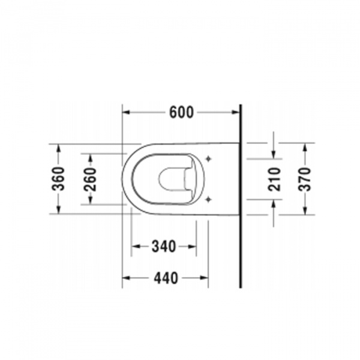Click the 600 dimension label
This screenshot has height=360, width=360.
point(181,113)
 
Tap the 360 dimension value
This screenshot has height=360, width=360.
point(58,179)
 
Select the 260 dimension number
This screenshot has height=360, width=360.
point(90,179)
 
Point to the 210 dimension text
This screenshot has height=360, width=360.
point(274,179)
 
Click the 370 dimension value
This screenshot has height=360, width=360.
point(304,179)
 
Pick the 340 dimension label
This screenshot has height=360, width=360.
point(164,247)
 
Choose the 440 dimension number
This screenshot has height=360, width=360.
point(166,278)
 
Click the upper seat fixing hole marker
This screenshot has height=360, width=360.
point(208,158)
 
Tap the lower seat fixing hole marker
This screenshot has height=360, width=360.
point(208,200)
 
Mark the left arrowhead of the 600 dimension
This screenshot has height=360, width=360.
point(126,112)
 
